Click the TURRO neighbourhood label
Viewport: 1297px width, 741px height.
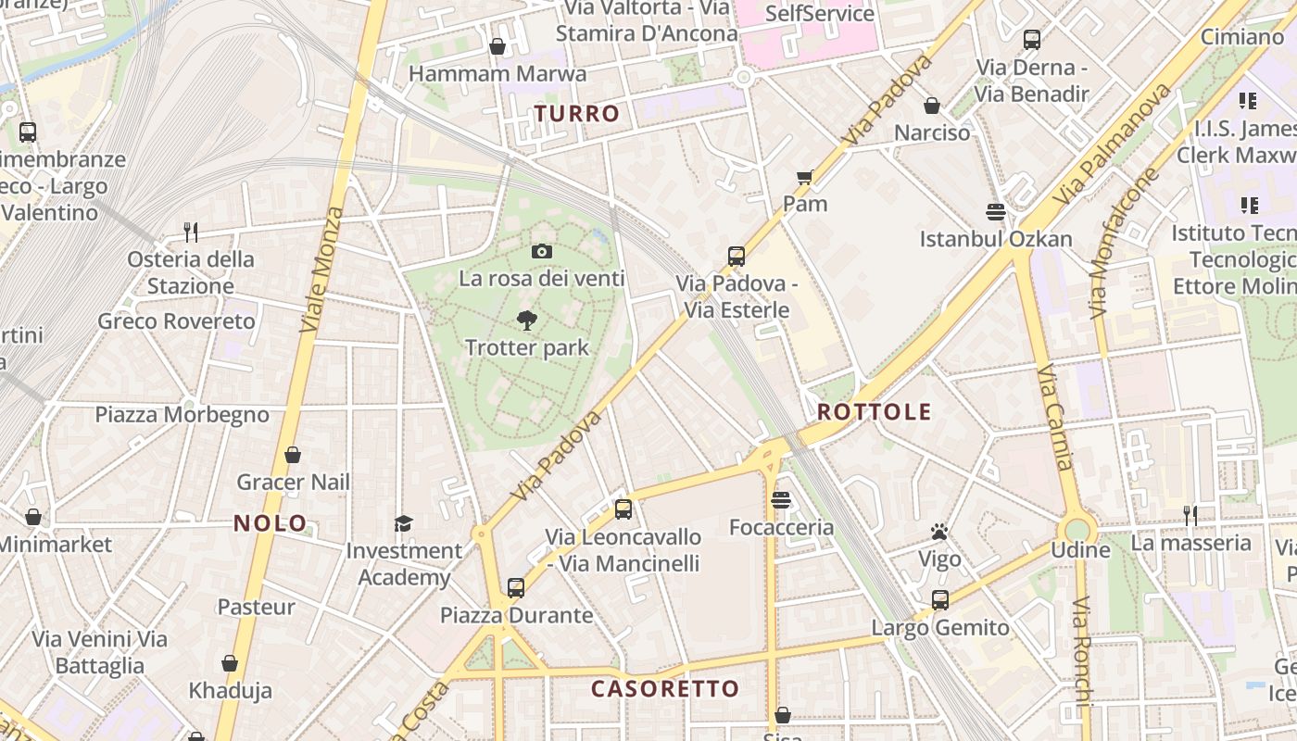tap(576, 114)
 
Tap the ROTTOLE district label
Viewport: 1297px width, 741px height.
tap(875, 412)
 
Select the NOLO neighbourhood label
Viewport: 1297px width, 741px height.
tap(270, 523)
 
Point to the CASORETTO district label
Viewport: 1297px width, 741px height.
tap(665, 689)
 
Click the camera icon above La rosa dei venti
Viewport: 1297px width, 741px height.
tap(542, 251)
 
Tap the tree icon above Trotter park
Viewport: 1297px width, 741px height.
tap(527, 320)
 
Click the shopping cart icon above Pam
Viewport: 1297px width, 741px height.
tap(804, 177)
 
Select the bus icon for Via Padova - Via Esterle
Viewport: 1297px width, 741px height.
tap(737, 257)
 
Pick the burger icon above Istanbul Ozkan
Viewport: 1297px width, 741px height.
tap(996, 212)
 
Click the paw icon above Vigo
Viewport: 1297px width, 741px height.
tap(939, 532)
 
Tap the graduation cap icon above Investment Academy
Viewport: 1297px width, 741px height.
tap(403, 523)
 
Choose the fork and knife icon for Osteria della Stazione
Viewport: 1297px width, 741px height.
tap(191, 232)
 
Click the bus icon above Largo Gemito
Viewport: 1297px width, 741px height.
tap(940, 600)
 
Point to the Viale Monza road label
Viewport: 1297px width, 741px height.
tap(322, 270)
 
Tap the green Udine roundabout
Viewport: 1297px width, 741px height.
tap(1077, 531)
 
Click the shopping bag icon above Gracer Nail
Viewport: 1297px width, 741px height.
tap(293, 455)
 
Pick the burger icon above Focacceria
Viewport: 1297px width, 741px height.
tap(781, 501)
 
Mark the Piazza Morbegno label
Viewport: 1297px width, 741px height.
tap(183, 414)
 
